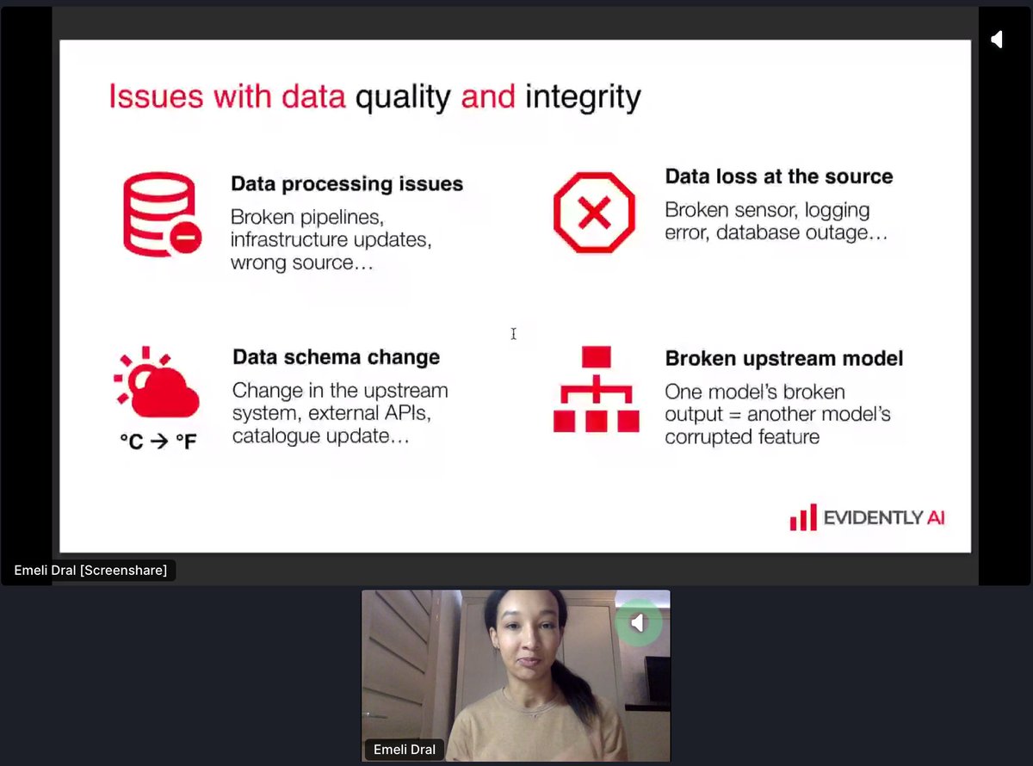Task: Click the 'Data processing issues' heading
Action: point(347,183)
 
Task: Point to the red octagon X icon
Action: point(594,212)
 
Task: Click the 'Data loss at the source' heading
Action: point(779,176)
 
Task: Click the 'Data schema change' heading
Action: point(336,357)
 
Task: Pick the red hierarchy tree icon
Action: point(596,389)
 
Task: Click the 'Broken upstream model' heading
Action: point(783,358)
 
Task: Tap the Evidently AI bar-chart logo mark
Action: point(802,517)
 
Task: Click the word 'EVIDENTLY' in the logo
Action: point(870,518)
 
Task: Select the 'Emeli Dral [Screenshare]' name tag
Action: point(90,570)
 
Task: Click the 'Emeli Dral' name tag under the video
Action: point(405,750)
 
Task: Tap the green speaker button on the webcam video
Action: point(638,622)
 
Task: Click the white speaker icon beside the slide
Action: point(996,40)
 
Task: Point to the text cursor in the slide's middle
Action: point(513,334)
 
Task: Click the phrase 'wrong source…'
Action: point(302,263)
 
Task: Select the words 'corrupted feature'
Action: point(741,437)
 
